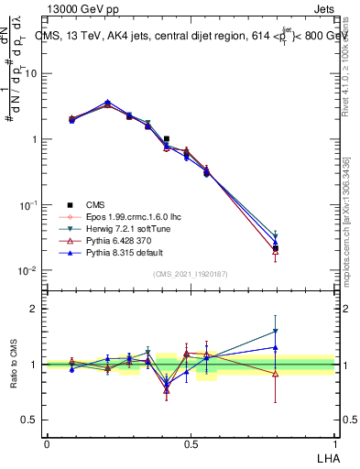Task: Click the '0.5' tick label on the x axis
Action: (x=191, y=443)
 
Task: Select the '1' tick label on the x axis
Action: (x=334, y=443)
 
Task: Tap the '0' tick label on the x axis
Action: (x=47, y=443)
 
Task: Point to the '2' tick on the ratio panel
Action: (x=34, y=309)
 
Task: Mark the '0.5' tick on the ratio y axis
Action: (x=29, y=420)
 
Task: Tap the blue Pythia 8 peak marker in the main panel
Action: (x=107, y=103)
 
